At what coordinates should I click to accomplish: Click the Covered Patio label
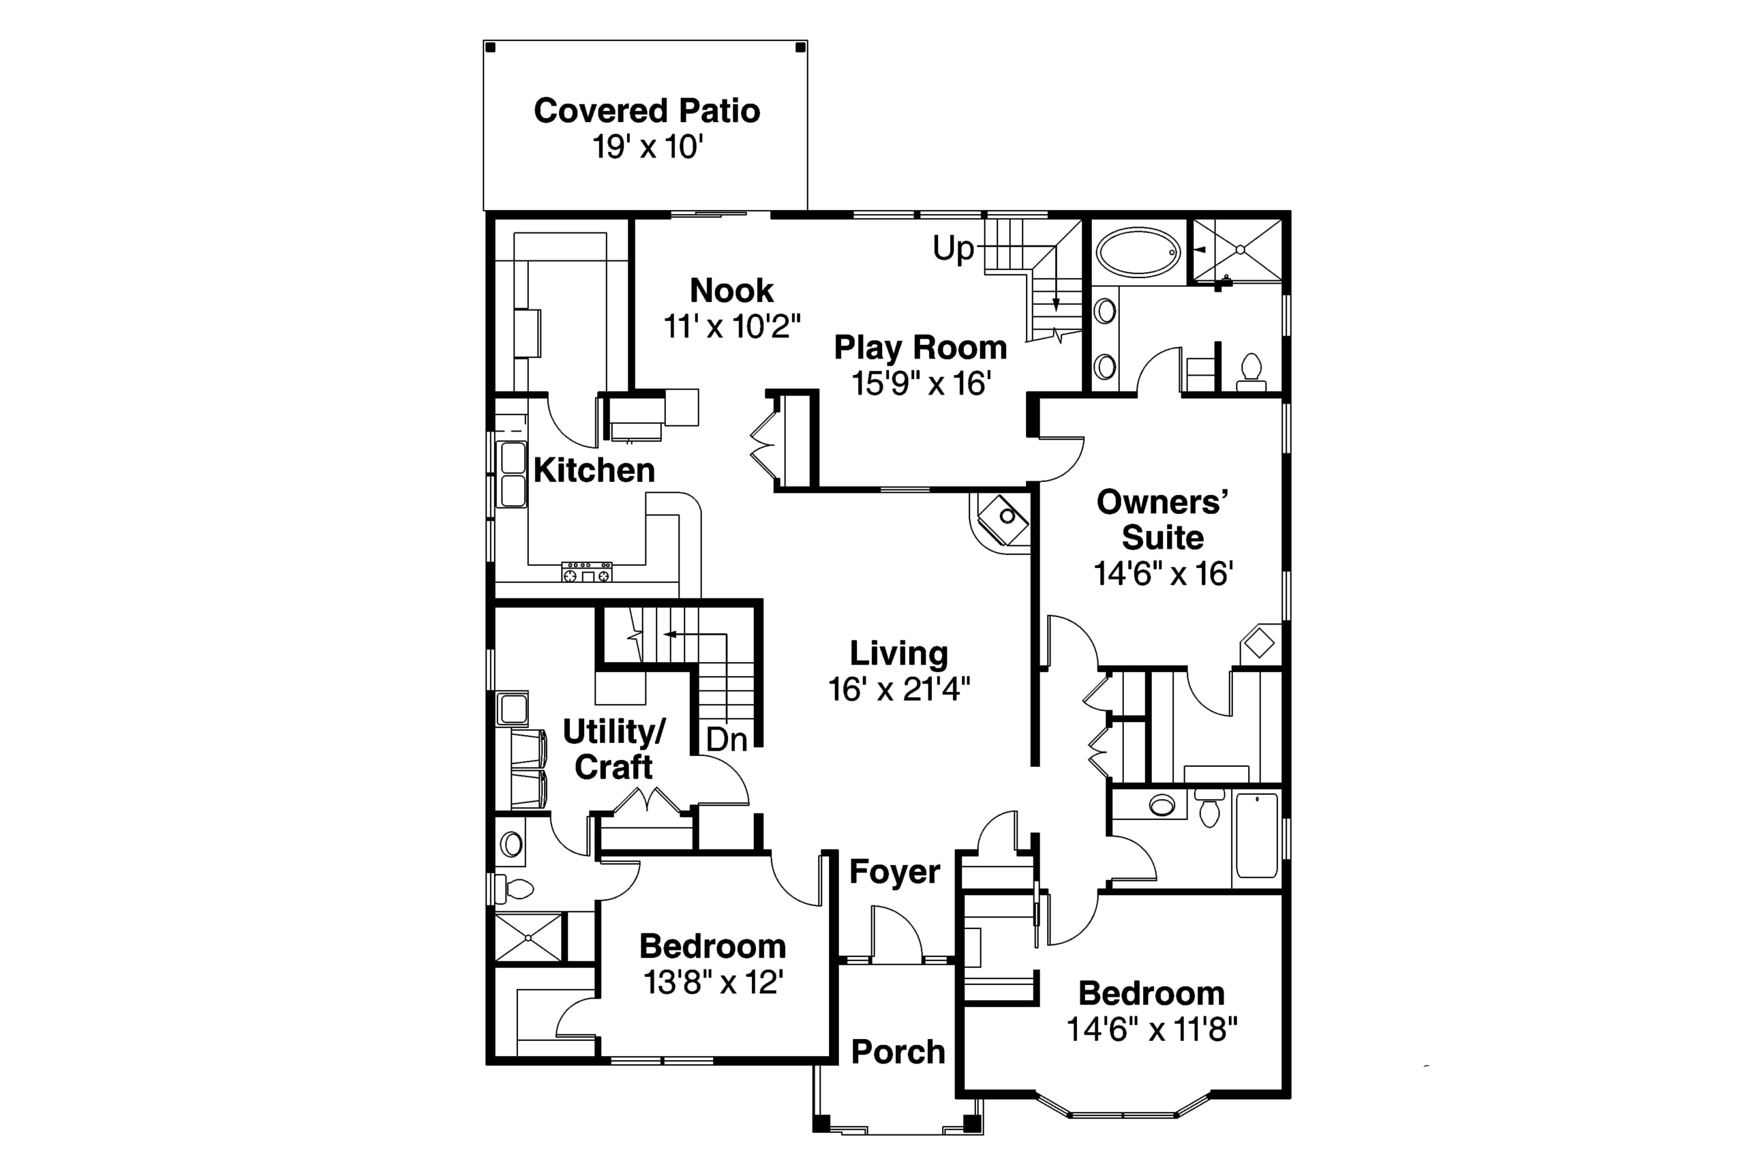click(x=647, y=111)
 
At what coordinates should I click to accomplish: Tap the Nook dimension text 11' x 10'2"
click(x=732, y=327)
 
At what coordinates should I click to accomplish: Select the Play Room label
click(x=920, y=348)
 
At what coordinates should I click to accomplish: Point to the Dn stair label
click(x=727, y=740)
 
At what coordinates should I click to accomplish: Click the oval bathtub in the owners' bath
click(x=1138, y=253)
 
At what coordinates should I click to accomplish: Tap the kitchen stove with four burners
click(x=587, y=572)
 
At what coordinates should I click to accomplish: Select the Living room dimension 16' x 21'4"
click(x=899, y=690)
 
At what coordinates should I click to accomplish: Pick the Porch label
click(x=898, y=1052)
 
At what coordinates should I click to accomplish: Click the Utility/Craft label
click(x=614, y=749)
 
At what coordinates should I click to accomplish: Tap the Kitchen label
click(x=594, y=470)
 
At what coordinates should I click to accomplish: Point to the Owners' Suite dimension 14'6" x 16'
click(x=1163, y=573)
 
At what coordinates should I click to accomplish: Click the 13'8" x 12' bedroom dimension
click(x=714, y=983)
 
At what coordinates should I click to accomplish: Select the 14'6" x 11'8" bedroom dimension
click(x=1152, y=1029)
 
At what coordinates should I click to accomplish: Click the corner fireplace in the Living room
click(x=1001, y=524)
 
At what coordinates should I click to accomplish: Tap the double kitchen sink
click(x=512, y=474)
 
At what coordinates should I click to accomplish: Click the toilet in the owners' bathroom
click(x=1251, y=372)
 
